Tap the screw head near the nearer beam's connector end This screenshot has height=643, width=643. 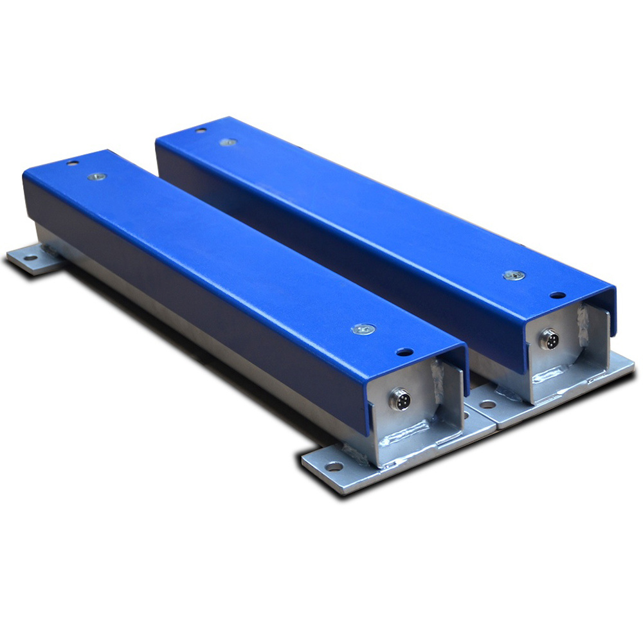(363, 329)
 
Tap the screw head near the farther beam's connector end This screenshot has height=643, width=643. (514, 275)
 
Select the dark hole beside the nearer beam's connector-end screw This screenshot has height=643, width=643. (404, 352)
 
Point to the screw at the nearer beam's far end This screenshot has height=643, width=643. (96, 176)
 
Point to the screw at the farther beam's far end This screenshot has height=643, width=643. (228, 141)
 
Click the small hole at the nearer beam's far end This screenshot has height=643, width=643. (73, 163)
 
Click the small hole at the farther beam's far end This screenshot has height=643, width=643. (201, 130)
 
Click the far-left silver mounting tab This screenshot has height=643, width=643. (32, 260)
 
